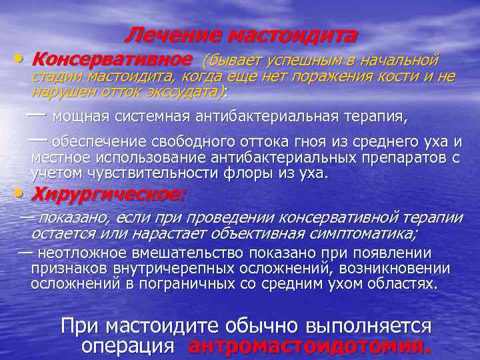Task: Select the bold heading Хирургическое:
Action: pos(109,195)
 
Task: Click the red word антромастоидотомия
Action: pos(310,346)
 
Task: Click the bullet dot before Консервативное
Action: pos(23,59)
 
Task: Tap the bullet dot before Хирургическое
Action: pos(23,193)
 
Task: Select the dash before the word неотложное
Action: pos(25,252)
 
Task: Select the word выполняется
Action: pos(369,327)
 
